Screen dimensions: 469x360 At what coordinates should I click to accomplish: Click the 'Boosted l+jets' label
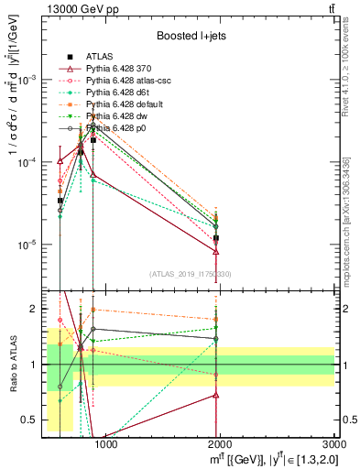coord(190,36)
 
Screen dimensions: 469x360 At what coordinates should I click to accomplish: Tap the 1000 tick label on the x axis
coord(106,444)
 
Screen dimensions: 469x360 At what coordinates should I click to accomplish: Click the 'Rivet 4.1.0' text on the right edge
coord(346,82)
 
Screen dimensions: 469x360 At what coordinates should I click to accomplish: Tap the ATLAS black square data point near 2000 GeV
coord(216,238)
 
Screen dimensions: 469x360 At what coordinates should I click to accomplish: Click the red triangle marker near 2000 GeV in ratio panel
coord(216,395)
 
